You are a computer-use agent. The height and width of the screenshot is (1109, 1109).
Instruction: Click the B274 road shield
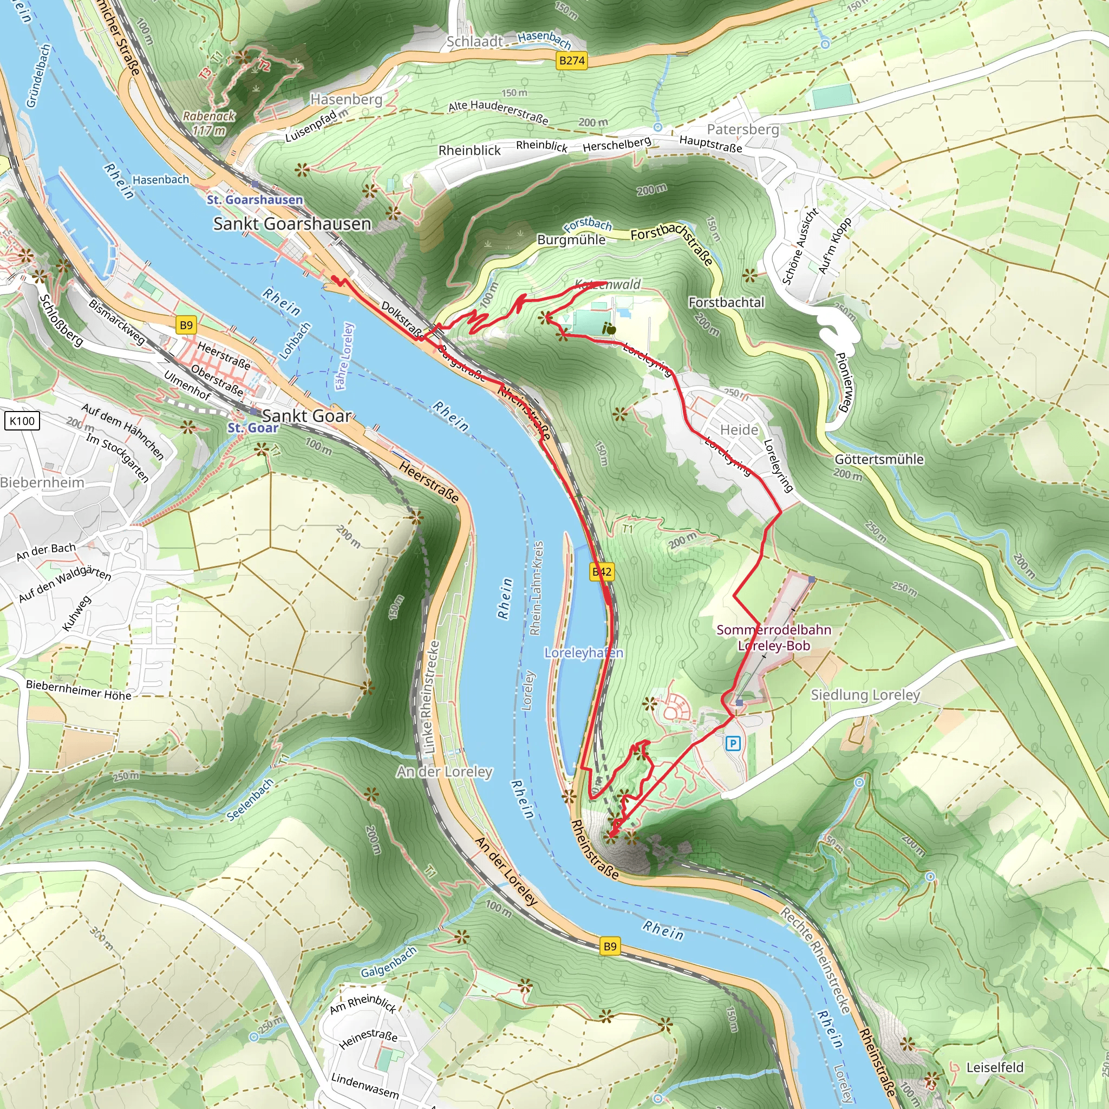point(572,60)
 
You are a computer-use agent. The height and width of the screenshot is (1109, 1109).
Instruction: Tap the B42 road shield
point(602,572)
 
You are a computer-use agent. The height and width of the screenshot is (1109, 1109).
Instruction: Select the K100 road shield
point(22,421)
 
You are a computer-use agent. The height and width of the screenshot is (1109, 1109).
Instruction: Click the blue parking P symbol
point(733,744)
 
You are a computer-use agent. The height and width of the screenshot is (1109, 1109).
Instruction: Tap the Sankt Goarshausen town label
point(292,224)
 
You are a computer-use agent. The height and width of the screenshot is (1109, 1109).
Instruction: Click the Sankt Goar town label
point(306,415)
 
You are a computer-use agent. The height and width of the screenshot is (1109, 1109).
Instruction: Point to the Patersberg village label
point(743,129)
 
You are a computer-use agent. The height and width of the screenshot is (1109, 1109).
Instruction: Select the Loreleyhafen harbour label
point(583,653)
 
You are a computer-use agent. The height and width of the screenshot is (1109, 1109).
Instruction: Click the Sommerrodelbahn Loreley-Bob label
point(773,638)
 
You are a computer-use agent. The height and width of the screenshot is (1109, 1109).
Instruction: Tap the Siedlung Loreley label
point(865,695)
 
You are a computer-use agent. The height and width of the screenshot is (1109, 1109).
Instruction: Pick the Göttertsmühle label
point(879,459)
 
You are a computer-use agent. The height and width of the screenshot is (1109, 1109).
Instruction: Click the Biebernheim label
point(42,482)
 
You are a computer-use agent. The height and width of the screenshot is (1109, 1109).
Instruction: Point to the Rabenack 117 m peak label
point(209,123)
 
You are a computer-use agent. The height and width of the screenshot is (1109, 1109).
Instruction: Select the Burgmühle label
point(571,240)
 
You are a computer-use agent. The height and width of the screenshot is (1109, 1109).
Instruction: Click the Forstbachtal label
point(726,303)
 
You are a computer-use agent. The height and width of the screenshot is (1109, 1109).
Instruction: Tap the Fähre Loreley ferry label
point(345,356)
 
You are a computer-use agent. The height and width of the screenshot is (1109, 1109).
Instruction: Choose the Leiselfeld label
point(995,1067)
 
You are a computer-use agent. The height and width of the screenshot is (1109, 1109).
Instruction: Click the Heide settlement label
point(739,430)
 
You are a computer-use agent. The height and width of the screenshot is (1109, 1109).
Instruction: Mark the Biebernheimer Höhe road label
point(79,689)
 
